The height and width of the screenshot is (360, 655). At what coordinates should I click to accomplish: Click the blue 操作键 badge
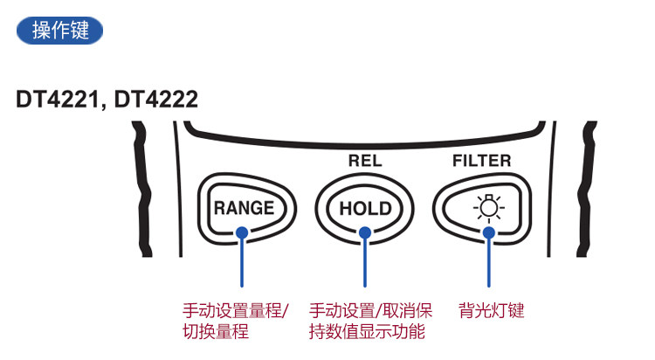coord(59,31)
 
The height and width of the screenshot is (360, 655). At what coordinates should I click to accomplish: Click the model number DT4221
coord(58,100)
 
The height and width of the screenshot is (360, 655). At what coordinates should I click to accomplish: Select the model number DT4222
coord(155,100)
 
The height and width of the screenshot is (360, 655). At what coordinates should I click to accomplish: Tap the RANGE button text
coord(244,208)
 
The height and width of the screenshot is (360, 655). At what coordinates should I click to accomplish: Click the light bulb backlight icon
coord(489,207)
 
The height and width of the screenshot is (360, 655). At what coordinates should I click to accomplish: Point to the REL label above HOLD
coord(365,161)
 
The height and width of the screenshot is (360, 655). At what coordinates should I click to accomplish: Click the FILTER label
coord(481,161)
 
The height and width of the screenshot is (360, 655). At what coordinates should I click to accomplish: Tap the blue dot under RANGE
coord(242,233)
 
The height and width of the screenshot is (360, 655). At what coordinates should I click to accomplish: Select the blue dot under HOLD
coord(365,233)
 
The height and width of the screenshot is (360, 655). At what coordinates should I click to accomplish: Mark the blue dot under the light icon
coord(489,233)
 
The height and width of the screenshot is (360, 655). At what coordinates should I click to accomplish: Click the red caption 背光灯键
coord(491,311)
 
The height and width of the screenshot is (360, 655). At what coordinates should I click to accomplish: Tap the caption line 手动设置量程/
coord(236,311)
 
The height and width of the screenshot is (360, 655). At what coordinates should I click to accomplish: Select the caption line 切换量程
coord(216,331)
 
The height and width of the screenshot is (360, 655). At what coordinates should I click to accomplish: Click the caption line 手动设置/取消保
coord(370,311)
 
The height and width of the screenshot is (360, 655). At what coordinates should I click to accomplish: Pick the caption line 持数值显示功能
coord(367,331)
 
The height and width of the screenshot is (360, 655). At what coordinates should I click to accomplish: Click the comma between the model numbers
coord(104,107)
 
